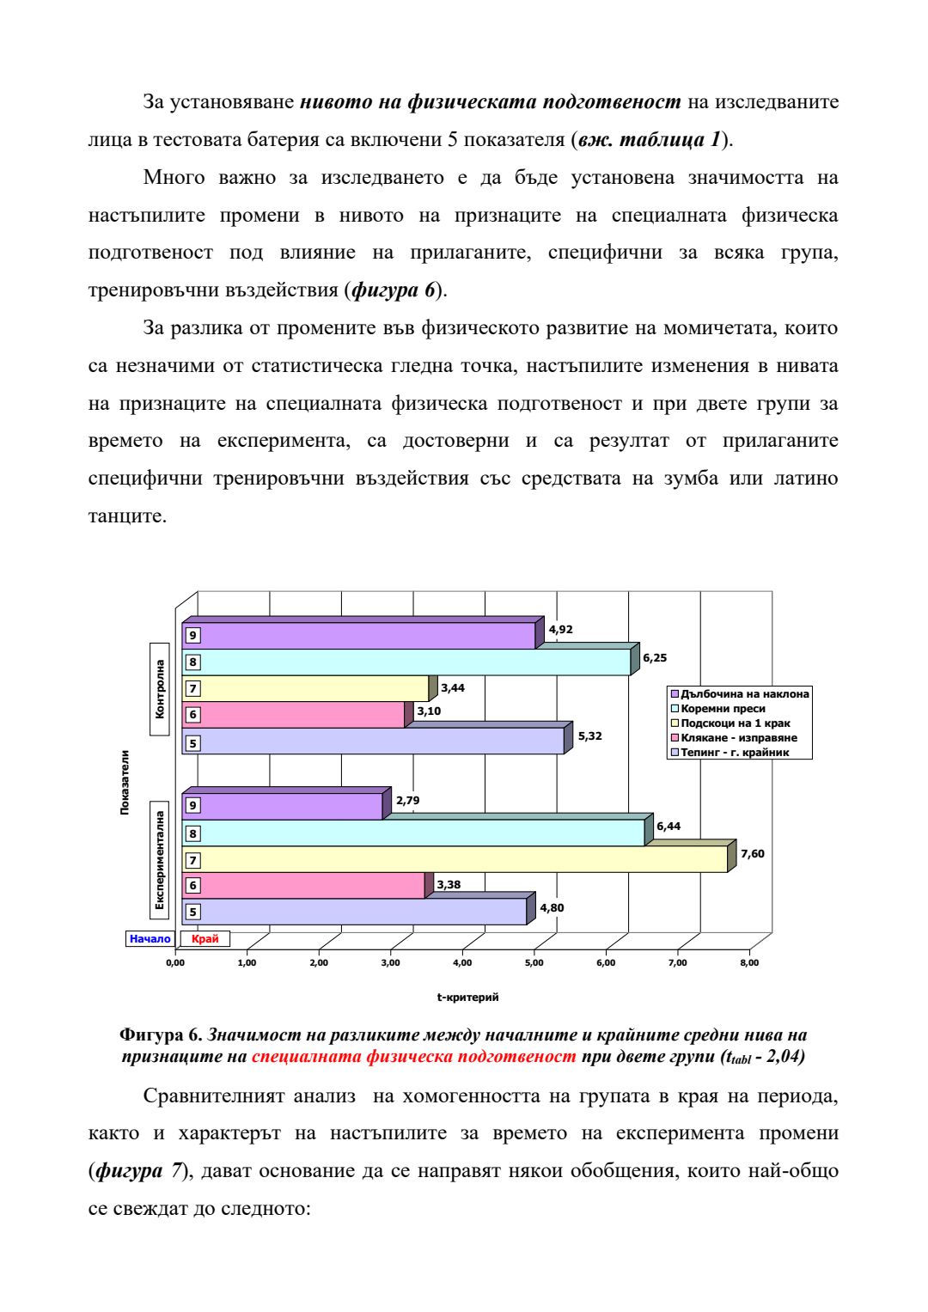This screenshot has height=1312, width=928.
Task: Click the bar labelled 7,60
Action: tap(455, 859)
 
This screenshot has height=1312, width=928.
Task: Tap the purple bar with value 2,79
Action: tap(284, 806)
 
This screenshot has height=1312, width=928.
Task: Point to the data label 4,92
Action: tap(560, 630)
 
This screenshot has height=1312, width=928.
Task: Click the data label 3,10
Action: tap(429, 711)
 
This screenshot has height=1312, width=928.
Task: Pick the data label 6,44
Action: tap(669, 827)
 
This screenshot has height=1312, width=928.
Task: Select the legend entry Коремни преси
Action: tap(723, 709)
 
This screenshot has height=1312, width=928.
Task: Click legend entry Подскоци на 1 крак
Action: tap(735, 723)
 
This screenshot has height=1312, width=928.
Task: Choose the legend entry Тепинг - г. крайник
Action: tap(734, 753)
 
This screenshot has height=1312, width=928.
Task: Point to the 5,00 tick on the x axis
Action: tap(534, 963)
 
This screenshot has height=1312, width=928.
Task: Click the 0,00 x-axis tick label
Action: tap(175, 963)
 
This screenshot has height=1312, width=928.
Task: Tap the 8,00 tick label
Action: tap(749, 963)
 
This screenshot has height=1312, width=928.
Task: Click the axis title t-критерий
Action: tap(467, 998)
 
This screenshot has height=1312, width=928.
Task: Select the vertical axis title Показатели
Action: tap(125, 782)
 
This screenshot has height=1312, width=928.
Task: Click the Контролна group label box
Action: tap(160, 689)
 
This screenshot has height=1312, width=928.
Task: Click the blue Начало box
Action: tap(150, 939)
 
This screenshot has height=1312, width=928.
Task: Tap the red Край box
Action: tap(205, 939)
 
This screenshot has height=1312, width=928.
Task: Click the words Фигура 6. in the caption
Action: tap(161, 1035)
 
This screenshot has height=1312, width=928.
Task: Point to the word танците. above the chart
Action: tap(127, 516)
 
